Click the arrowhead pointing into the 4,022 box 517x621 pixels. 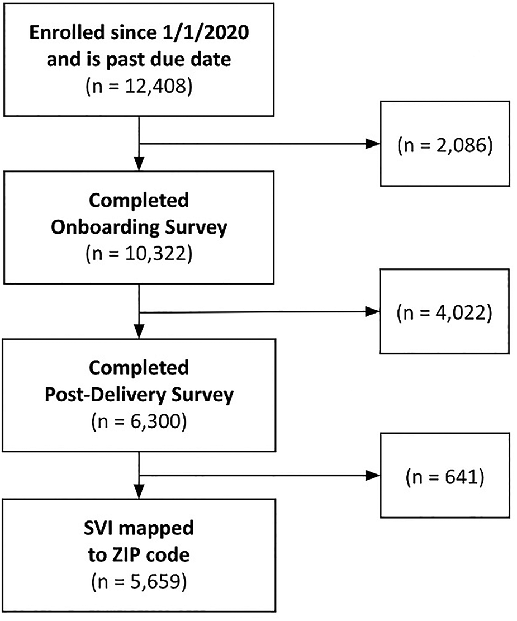coord(372,311)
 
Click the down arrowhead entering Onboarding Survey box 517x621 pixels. coord(139,165)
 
